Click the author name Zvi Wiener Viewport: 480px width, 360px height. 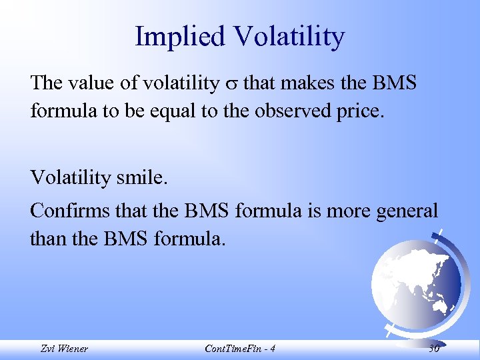click(x=63, y=349)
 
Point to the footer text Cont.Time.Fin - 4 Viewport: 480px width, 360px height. click(x=239, y=349)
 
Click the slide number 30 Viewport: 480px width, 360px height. click(x=433, y=349)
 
